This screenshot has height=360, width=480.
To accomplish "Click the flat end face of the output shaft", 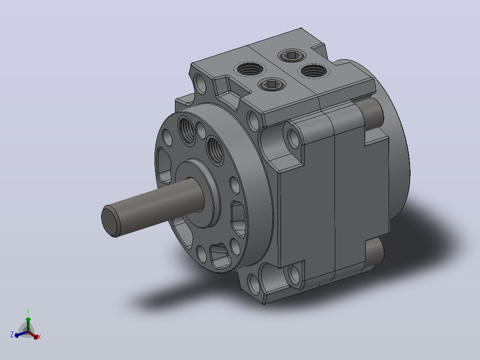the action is pyautogui.click(x=110, y=221).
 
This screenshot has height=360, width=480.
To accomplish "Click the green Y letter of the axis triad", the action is pyautogui.click(x=28, y=312).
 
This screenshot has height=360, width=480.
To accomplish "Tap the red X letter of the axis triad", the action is pyautogui.click(x=39, y=337).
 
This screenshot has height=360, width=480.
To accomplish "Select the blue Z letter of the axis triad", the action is pyautogui.click(x=12, y=334).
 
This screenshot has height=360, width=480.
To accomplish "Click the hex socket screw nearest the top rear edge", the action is pyautogui.click(x=291, y=56).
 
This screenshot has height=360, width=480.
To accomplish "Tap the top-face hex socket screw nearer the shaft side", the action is pyautogui.click(x=271, y=84).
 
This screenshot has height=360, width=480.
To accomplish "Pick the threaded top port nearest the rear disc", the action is pyautogui.click(x=313, y=71).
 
